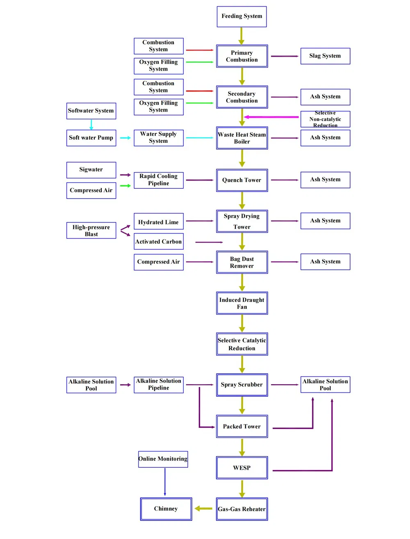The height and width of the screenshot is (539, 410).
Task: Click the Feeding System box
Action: click(x=241, y=17)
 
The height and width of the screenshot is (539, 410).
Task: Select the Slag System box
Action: click(x=325, y=56)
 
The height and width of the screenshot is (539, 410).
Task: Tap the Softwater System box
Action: click(x=91, y=111)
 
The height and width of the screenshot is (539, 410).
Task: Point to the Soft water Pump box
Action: click(x=91, y=138)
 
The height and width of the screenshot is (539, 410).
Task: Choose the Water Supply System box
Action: click(x=158, y=138)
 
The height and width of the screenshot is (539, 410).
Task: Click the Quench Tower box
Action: click(x=242, y=180)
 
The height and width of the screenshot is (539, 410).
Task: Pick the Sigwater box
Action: click(x=91, y=170)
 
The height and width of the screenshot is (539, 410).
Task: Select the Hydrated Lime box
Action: click(x=158, y=222)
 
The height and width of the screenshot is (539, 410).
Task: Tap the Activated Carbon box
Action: click(x=158, y=241)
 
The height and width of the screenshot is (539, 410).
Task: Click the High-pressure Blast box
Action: click(x=91, y=231)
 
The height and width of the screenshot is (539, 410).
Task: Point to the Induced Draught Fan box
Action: click(x=242, y=303)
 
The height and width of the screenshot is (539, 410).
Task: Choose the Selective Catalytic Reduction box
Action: click(x=242, y=344)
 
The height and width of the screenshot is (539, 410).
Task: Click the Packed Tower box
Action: click(x=242, y=427)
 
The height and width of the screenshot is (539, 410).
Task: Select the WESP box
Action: click(x=242, y=468)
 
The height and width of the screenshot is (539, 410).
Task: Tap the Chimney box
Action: click(x=166, y=509)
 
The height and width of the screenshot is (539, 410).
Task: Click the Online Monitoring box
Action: click(x=163, y=459)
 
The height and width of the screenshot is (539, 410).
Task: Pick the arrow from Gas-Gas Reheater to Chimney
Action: click(x=203, y=509)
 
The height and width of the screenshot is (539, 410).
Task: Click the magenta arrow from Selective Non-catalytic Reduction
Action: click(x=271, y=117)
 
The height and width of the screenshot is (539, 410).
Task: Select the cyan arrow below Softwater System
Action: click(x=91, y=124)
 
